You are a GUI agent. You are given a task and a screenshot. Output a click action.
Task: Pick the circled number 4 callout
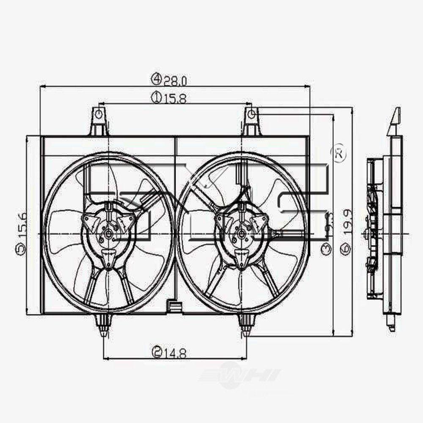point(157,79)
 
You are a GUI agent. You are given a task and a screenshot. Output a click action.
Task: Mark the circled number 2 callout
point(157,352)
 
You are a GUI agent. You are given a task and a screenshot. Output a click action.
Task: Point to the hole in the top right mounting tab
point(251,113)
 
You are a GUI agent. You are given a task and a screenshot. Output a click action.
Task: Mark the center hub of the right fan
point(242,234)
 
